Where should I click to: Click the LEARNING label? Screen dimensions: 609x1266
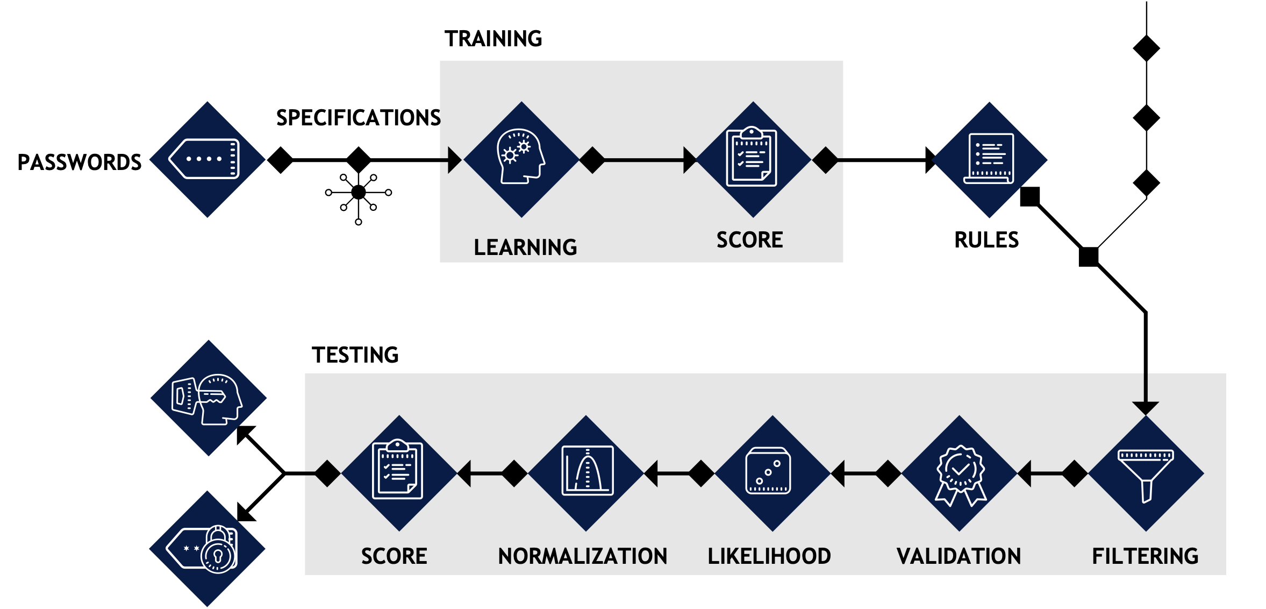pos(525,247)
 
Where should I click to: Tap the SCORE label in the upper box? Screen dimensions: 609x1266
pos(749,240)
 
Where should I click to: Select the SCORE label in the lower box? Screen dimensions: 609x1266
pos(394,556)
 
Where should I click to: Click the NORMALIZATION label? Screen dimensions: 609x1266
pos(582,556)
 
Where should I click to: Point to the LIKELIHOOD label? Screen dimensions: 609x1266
pos(769,556)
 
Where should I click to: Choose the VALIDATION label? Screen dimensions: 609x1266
pos(959,556)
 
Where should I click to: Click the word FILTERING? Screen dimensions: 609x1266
pos(1145,556)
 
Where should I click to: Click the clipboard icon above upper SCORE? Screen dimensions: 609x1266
pos(752,157)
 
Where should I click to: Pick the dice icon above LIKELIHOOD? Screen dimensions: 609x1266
pos(768,471)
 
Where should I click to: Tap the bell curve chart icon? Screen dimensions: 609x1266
pos(587,471)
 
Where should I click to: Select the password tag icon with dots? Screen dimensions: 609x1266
pos(205,159)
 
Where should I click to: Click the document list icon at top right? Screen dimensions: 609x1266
pos(989,159)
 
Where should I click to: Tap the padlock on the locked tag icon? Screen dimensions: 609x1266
pos(218,551)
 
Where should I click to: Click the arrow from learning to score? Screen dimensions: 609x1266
pos(645,160)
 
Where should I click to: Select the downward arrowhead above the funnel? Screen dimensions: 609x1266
pos(1146,408)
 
